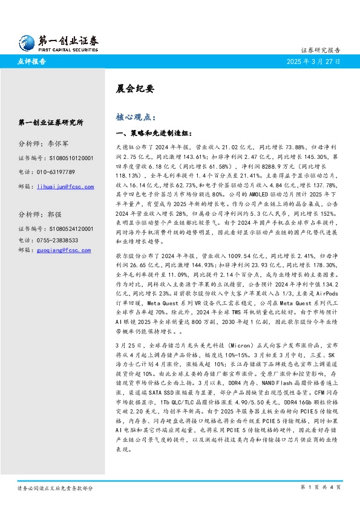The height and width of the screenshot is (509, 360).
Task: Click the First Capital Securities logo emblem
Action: point(27,42)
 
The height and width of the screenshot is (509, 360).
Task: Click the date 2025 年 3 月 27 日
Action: point(314,62)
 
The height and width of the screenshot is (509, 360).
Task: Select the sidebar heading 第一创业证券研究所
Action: point(51,122)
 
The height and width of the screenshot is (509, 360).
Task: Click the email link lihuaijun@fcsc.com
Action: point(65,187)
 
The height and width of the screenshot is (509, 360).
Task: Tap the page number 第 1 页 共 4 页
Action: point(321,487)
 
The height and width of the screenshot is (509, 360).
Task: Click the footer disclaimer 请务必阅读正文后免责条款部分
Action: point(55,487)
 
